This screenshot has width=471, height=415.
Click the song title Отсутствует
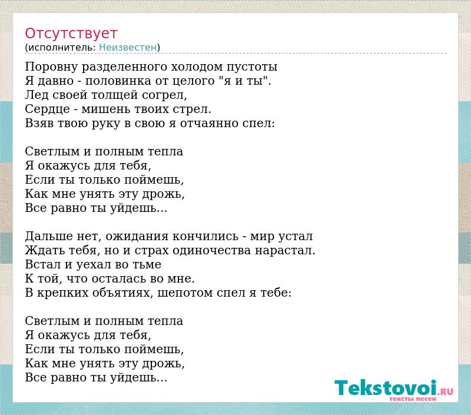71,33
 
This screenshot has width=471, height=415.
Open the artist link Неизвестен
128,47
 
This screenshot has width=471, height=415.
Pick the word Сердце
47,109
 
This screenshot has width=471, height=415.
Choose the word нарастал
285,250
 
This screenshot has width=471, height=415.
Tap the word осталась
119,278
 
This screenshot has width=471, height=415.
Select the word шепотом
185,293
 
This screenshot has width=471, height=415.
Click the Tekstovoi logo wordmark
386,388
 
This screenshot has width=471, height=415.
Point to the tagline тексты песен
413,399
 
